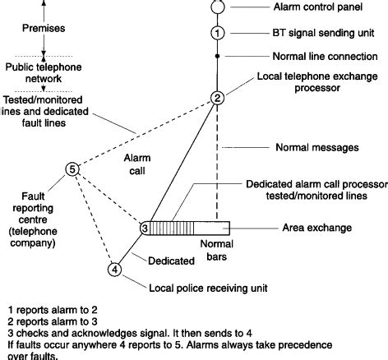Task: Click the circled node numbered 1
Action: [x=217, y=33]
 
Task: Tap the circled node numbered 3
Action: [x=144, y=228]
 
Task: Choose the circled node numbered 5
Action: [x=72, y=170]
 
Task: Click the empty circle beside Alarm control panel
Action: [x=217, y=7]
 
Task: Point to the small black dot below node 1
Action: [x=217, y=57]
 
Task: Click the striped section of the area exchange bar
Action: [x=173, y=228]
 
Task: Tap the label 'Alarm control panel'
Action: [x=316, y=7]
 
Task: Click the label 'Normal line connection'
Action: [x=324, y=57]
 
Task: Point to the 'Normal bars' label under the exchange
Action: [x=217, y=252]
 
